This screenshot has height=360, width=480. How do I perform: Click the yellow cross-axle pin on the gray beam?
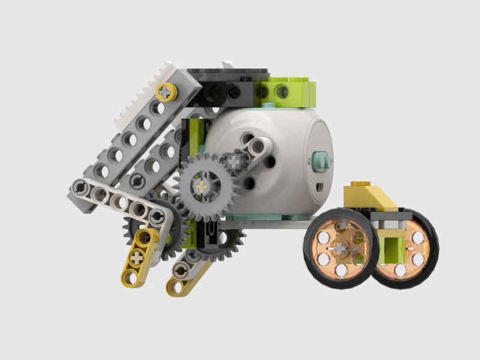coord(166,92)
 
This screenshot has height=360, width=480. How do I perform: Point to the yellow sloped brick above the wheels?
coord(372,196)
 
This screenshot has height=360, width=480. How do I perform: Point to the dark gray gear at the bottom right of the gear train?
coord(228,243)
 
